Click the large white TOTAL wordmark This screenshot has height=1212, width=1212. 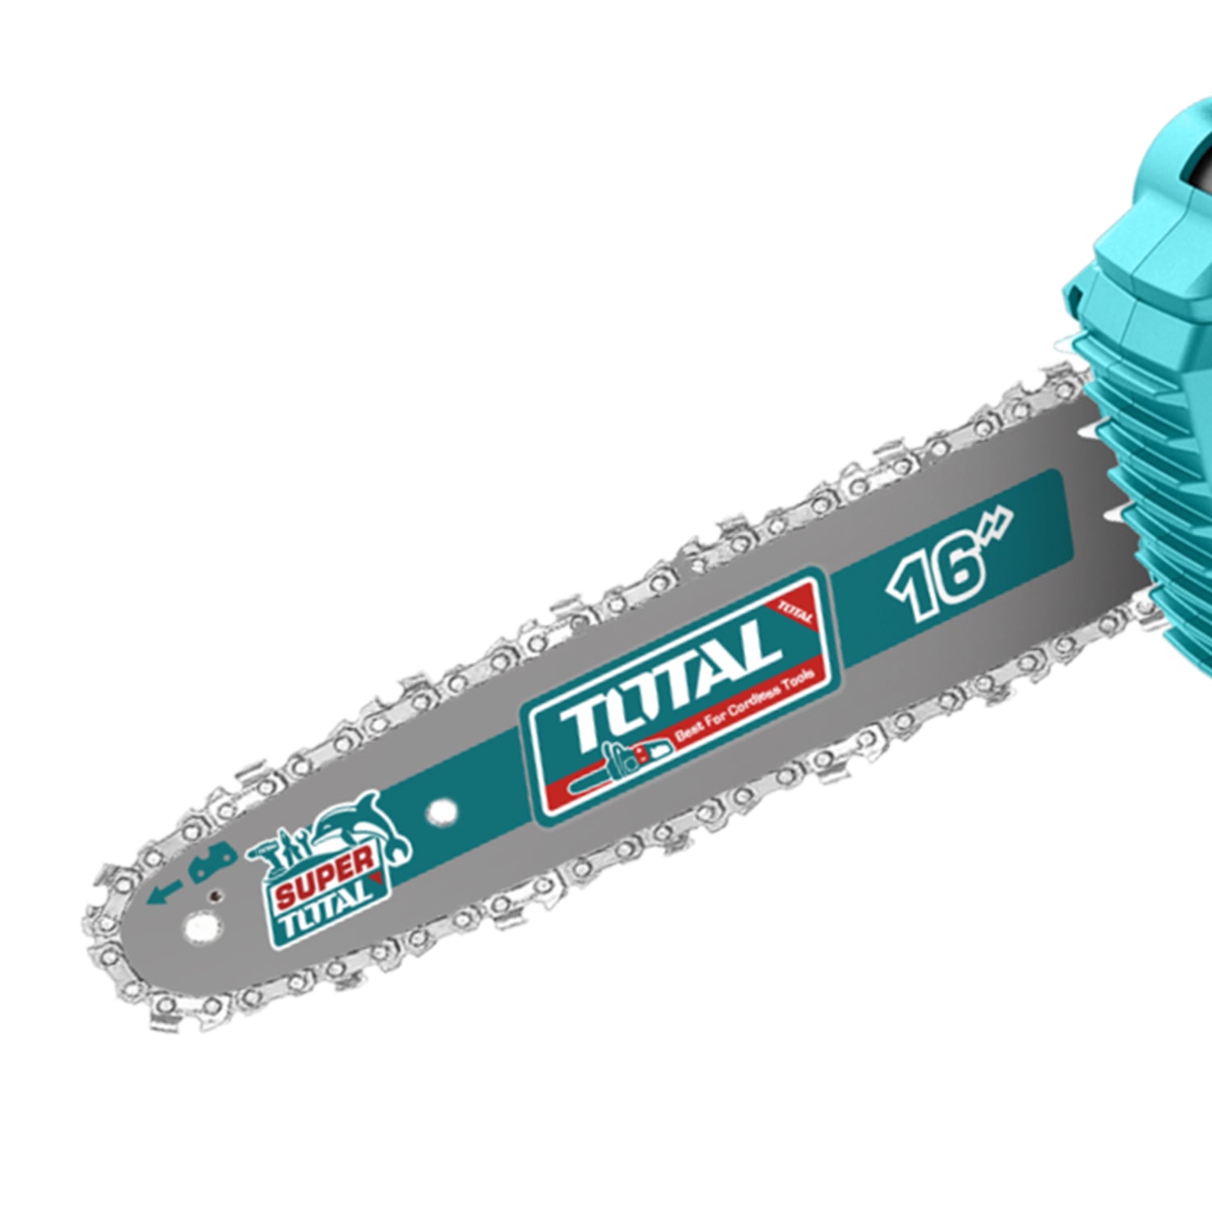coord(671,687)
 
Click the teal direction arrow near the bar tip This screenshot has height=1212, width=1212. coord(165,892)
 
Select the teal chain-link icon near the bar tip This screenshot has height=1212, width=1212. coord(212,861)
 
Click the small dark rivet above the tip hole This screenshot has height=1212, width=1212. coord(215,894)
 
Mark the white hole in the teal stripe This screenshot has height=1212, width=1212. coord(441,810)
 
